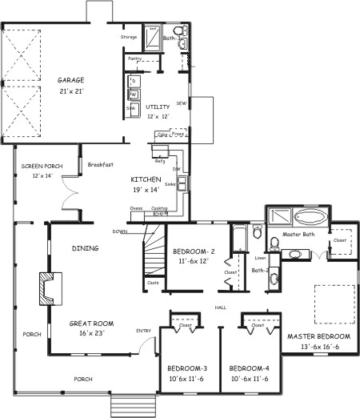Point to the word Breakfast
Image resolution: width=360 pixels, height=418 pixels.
coord(102,164)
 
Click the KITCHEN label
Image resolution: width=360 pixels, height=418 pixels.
coord(146,179)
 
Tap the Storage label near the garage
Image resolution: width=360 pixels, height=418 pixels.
coord(129,37)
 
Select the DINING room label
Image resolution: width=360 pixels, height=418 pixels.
coord(85,248)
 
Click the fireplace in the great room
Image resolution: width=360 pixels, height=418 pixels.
coord(50,289)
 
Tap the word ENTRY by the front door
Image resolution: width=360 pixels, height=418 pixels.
coord(143,330)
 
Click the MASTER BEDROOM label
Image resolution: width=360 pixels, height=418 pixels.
coord(318,336)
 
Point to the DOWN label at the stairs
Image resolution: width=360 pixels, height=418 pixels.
coord(120,231)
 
